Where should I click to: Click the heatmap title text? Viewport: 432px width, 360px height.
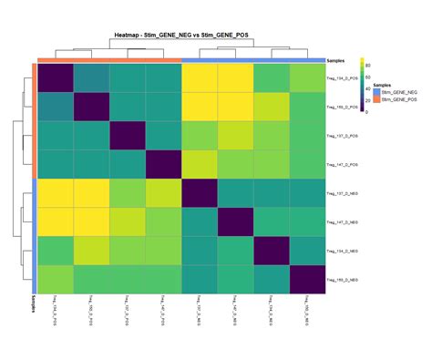point(181,34)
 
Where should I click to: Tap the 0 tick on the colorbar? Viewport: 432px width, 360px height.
point(369,112)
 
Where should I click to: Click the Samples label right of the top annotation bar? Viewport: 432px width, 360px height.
point(338,60)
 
